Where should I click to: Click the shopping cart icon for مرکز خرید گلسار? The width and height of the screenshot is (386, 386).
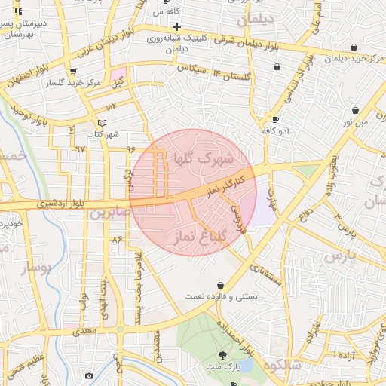tap(72, 72)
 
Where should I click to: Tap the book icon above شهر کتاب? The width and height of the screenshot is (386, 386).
tap(103, 123)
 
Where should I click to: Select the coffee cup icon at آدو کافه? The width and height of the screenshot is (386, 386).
tap(275, 119)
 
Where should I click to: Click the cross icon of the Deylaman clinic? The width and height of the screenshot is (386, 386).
tap(176, 26)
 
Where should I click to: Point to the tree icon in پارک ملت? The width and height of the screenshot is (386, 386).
tap(222, 354)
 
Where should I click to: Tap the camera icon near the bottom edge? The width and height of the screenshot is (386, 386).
tap(89, 375)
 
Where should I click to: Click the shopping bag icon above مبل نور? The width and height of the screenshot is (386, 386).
tap(355, 110)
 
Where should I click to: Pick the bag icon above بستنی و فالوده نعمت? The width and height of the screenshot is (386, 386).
tap(220, 286)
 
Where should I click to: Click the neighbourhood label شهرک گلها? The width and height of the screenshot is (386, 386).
tap(203, 157)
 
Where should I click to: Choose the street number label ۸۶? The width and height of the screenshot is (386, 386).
tap(116, 239)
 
